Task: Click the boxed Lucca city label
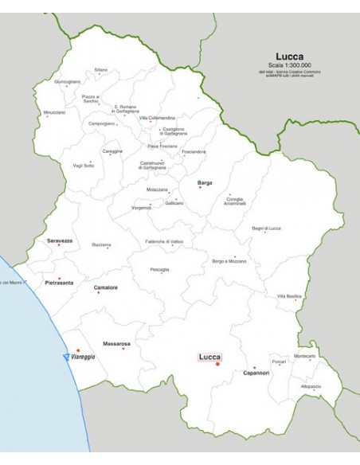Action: (209, 357)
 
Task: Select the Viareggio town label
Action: (84, 357)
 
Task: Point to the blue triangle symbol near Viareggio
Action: (67, 356)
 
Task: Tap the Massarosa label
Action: (117, 344)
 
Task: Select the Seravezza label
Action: (59, 240)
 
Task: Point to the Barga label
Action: (205, 182)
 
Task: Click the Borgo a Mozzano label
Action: (229, 260)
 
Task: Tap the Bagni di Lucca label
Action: (267, 229)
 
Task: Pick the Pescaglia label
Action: (160, 269)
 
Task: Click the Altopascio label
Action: (311, 386)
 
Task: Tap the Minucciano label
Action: (55, 112)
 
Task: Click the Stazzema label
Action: (101, 244)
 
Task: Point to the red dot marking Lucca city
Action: (217, 365)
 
